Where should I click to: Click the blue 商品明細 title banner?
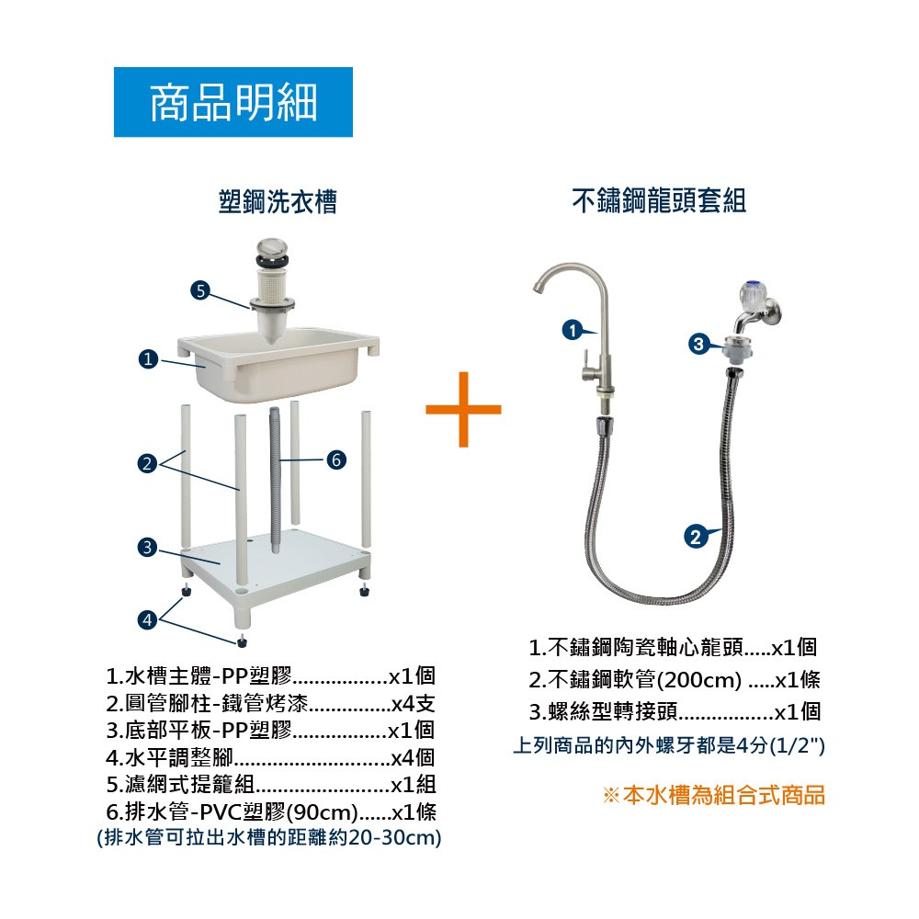[233, 102]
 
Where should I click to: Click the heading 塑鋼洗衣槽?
[278, 201]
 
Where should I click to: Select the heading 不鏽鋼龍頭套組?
[658, 200]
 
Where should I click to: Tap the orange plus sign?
[463, 409]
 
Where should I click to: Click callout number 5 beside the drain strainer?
[200, 290]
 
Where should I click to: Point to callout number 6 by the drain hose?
[335, 459]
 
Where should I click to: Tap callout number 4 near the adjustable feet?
[147, 619]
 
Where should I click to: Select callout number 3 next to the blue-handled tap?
[698, 344]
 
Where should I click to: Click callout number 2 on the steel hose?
[695, 537]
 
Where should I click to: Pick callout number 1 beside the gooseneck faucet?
[573, 330]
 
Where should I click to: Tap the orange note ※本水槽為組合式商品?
[714, 795]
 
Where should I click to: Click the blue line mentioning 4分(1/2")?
[669, 745]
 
